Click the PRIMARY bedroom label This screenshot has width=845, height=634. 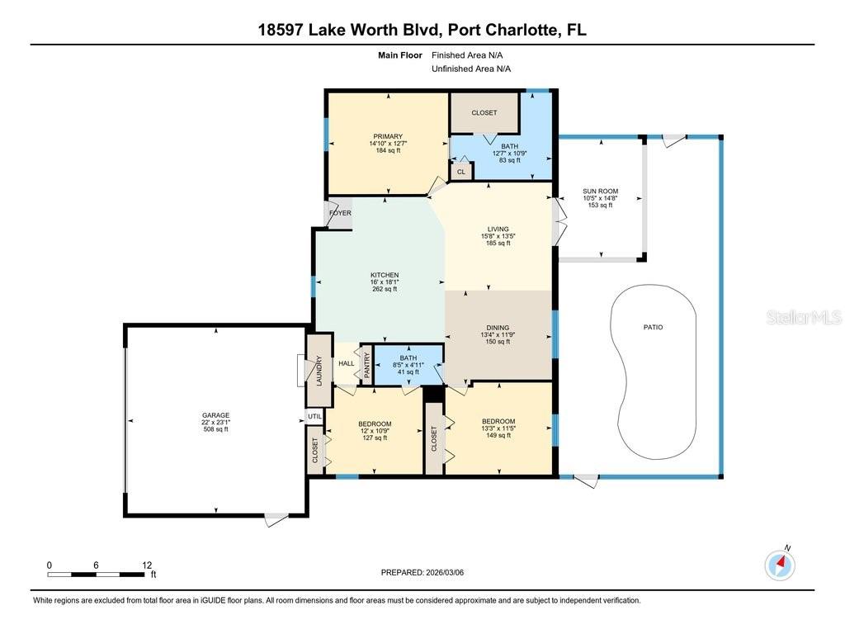pos(387,136)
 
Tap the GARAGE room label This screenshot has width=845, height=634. pos(216,415)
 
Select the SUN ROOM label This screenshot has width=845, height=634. pos(600,192)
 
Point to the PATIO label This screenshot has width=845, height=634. pos(653,328)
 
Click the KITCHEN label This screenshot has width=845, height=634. pos(385,275)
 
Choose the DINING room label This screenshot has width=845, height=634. pos(498,327)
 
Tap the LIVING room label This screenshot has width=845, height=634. pos(498,229)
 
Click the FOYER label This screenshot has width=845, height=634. pos(340,213)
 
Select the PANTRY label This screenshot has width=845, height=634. pos(367,364)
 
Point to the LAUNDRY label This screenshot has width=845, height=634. pos(319,370)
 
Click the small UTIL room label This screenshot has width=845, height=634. pos(314,417)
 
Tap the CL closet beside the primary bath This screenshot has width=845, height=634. pos(461,172)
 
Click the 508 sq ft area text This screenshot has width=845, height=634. pos(216,430)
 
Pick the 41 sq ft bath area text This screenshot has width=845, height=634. pos(408,371)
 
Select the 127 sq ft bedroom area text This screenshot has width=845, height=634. pos(375,438)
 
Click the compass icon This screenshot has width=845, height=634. pos(780,565)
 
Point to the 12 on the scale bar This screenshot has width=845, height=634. pos(147,565)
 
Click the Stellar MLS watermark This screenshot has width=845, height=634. pos(803,317)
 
